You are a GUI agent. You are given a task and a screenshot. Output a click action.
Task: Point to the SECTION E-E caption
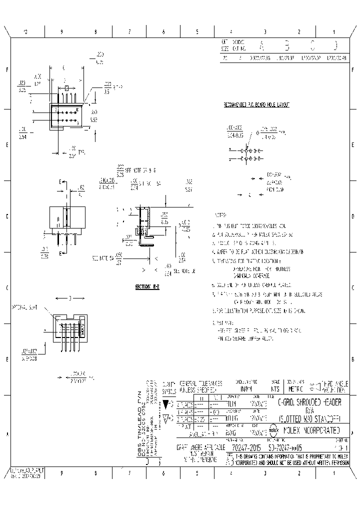146,287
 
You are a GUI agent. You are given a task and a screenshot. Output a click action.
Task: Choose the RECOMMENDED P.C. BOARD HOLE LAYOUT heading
256,105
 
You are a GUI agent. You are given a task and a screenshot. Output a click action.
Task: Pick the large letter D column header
335,46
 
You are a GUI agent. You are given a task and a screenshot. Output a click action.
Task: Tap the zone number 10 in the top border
26,32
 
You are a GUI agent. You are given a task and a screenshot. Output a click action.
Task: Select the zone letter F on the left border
7,70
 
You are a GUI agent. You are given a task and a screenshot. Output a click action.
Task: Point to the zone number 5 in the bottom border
197,472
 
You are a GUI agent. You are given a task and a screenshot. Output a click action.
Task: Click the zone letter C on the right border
354,288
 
